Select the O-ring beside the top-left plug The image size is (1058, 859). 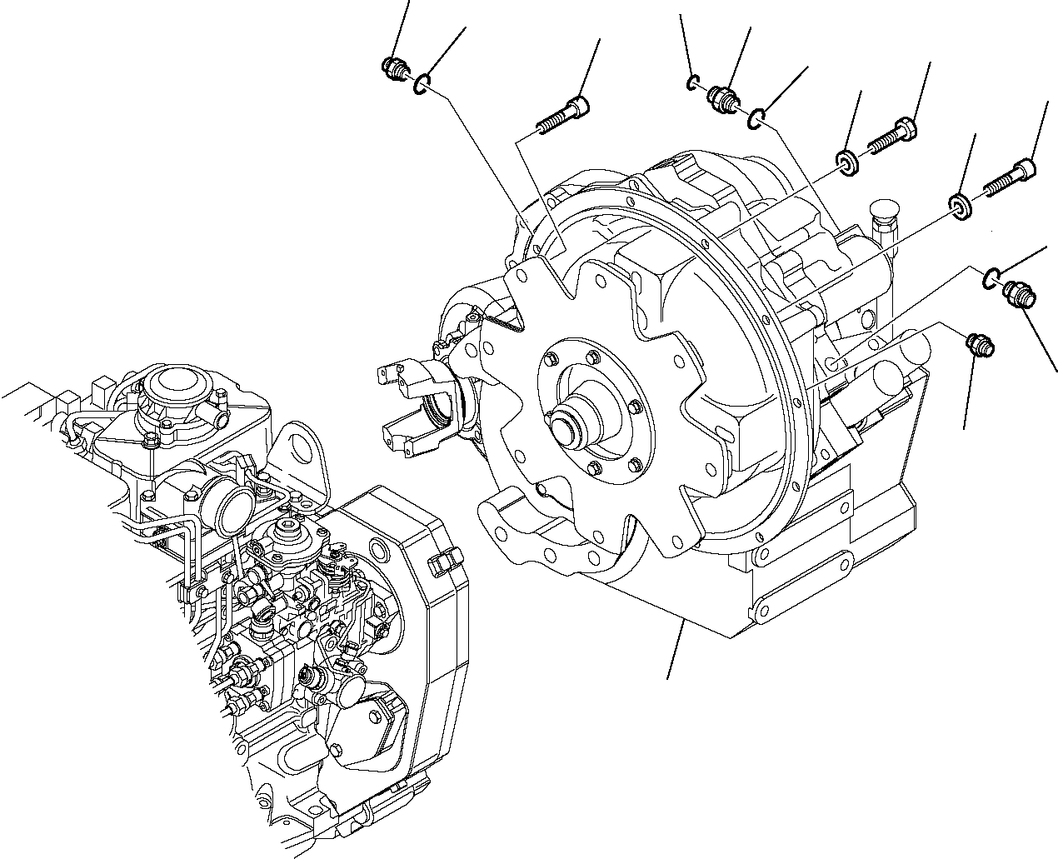click(x=424, y=82)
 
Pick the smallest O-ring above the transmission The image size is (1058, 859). click(x=692, y=82)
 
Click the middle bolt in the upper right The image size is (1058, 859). click(x=892, y=137)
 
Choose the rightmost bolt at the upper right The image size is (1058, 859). click(x=1011, y=177)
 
